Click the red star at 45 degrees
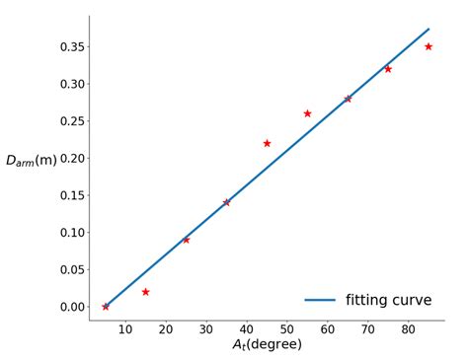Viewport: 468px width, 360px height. (267, 143)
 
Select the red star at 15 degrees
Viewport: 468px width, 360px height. (145, 292)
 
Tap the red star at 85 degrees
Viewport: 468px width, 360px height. (429, 46)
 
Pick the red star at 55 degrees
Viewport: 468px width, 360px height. (307, 113)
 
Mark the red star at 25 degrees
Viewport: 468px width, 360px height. (186, 240)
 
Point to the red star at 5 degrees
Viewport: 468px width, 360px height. (106, 307)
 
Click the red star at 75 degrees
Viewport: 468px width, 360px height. (388, 69)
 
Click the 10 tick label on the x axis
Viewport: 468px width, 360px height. (125, 329)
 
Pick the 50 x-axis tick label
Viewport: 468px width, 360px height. (287, 329)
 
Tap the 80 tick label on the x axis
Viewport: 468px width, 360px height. (409, 329)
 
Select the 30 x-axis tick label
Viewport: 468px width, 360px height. (206, 329)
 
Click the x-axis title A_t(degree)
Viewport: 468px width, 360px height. (267, 345)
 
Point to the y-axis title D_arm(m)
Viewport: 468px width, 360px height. (32, 160)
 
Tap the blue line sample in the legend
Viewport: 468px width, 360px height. (320, 300)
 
